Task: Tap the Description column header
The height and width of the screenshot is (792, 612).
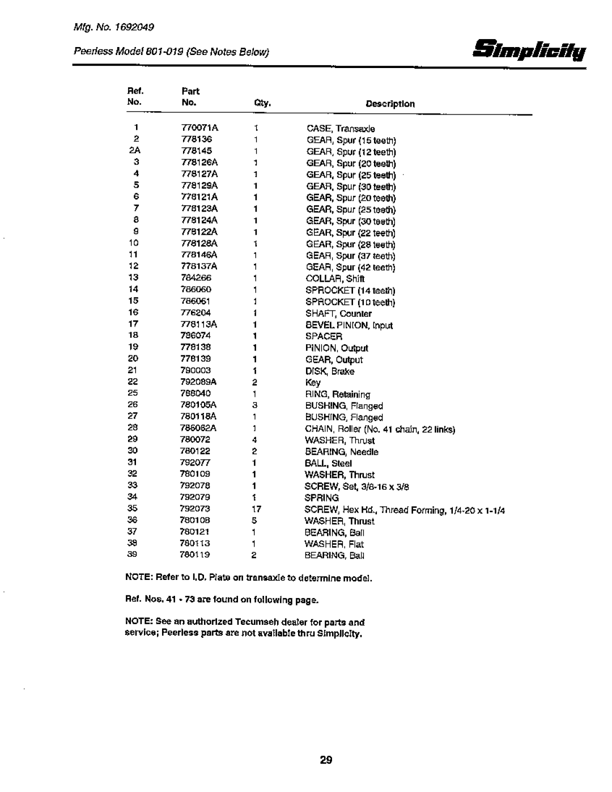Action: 390,104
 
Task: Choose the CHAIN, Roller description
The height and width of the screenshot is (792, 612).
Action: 380,429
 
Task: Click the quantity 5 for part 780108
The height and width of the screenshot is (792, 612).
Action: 256,520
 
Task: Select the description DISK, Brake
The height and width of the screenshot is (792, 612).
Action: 330,371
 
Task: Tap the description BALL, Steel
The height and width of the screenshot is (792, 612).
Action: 329,463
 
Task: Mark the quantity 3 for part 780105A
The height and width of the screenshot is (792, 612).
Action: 256,405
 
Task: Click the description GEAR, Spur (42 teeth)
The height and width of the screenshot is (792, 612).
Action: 351,267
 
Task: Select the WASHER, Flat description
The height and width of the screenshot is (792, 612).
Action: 335,544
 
